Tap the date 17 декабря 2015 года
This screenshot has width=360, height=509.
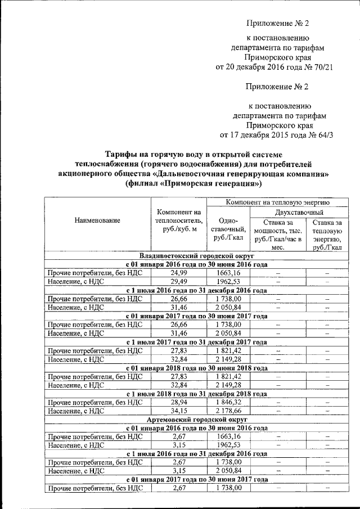click(268, 135)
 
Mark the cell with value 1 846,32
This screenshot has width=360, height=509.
click(228, 403)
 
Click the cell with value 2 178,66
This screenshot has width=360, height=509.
click(228, 411)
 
